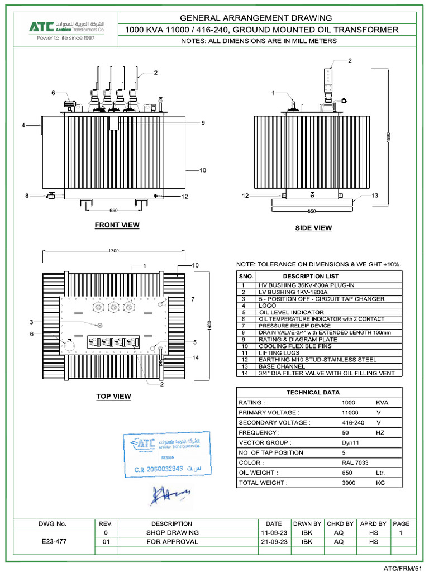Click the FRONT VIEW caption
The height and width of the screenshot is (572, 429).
tap(117, 225)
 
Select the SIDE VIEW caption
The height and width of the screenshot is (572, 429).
tap(313, 228)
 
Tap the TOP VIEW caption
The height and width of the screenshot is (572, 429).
tap(113, 397)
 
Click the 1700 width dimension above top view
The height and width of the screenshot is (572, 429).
tap(114, 251)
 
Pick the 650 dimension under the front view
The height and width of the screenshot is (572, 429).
tap(113, 211)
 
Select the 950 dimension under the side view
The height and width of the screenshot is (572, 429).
tap(312, 212)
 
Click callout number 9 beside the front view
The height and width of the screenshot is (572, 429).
tap(203, 123)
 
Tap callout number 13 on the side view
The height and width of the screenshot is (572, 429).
tap(375, 196)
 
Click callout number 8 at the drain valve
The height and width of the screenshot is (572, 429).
tap(27, 196)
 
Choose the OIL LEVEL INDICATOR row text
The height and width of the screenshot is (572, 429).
tap(291, 312)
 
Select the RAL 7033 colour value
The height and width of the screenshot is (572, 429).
tap(355, 463)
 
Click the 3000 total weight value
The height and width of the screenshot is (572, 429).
tap(349, 483)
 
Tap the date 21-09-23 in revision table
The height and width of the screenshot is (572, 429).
tap(274, 541)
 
